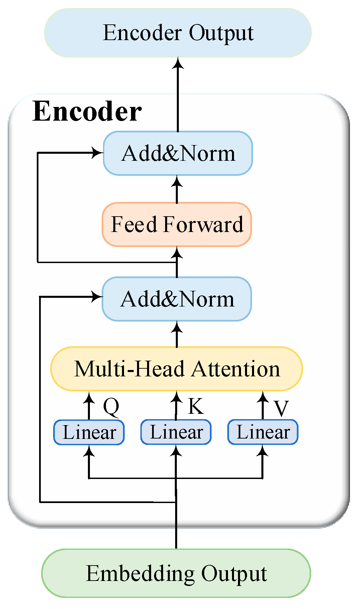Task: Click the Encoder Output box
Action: (x=178, y=33)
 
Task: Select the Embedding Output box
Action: (x=176, y=574)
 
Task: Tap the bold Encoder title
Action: (x=87, y=111)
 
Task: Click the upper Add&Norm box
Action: (x=178, y=153)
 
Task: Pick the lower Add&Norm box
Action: (x=176, y=299)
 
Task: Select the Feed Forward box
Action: (x=176, y=224)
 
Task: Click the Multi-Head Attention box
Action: (x=176, y=369)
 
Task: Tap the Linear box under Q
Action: (x=89, y=432)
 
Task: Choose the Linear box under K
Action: (x=176, y=432)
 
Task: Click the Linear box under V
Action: (x=263, y=432)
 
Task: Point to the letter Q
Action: (x=111, y=407)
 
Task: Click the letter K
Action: (x=196, y=406)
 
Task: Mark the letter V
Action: (x=281, y=408)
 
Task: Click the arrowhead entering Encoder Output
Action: (x=178, y=63)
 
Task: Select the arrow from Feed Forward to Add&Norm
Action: (x=176, y=189)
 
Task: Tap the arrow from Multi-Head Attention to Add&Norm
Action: (x=176, y=334)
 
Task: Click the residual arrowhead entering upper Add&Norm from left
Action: (x=98, y=153)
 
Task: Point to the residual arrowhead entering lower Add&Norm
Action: (x=97, y=296)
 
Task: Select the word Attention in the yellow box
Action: (x=236, y=369)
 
